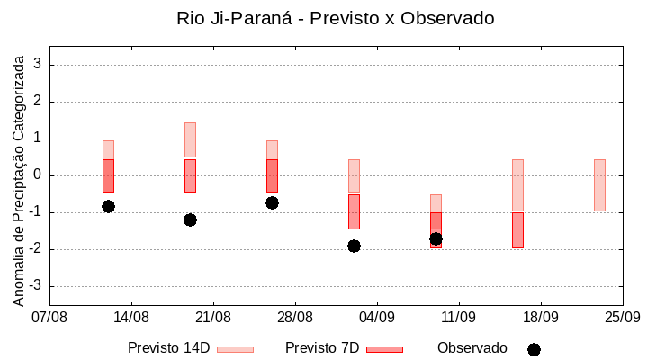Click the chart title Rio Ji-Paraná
click(x=336, y=18)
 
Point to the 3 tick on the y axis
click(x=38, y=65)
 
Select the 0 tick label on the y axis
click(x=38, y=175)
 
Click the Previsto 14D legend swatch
click(x=235, y=349)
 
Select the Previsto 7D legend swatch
click(x=384, y=349)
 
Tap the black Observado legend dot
click(x=534, y=349)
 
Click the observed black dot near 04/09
click(x=354, y=246)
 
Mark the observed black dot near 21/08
click(x=190, y=220)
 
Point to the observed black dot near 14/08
click(x=108, y=206)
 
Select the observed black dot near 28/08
click(x=272, y=202)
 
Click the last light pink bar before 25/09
click(x=599, y=184)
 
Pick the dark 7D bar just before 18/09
click(x=517, y=229)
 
